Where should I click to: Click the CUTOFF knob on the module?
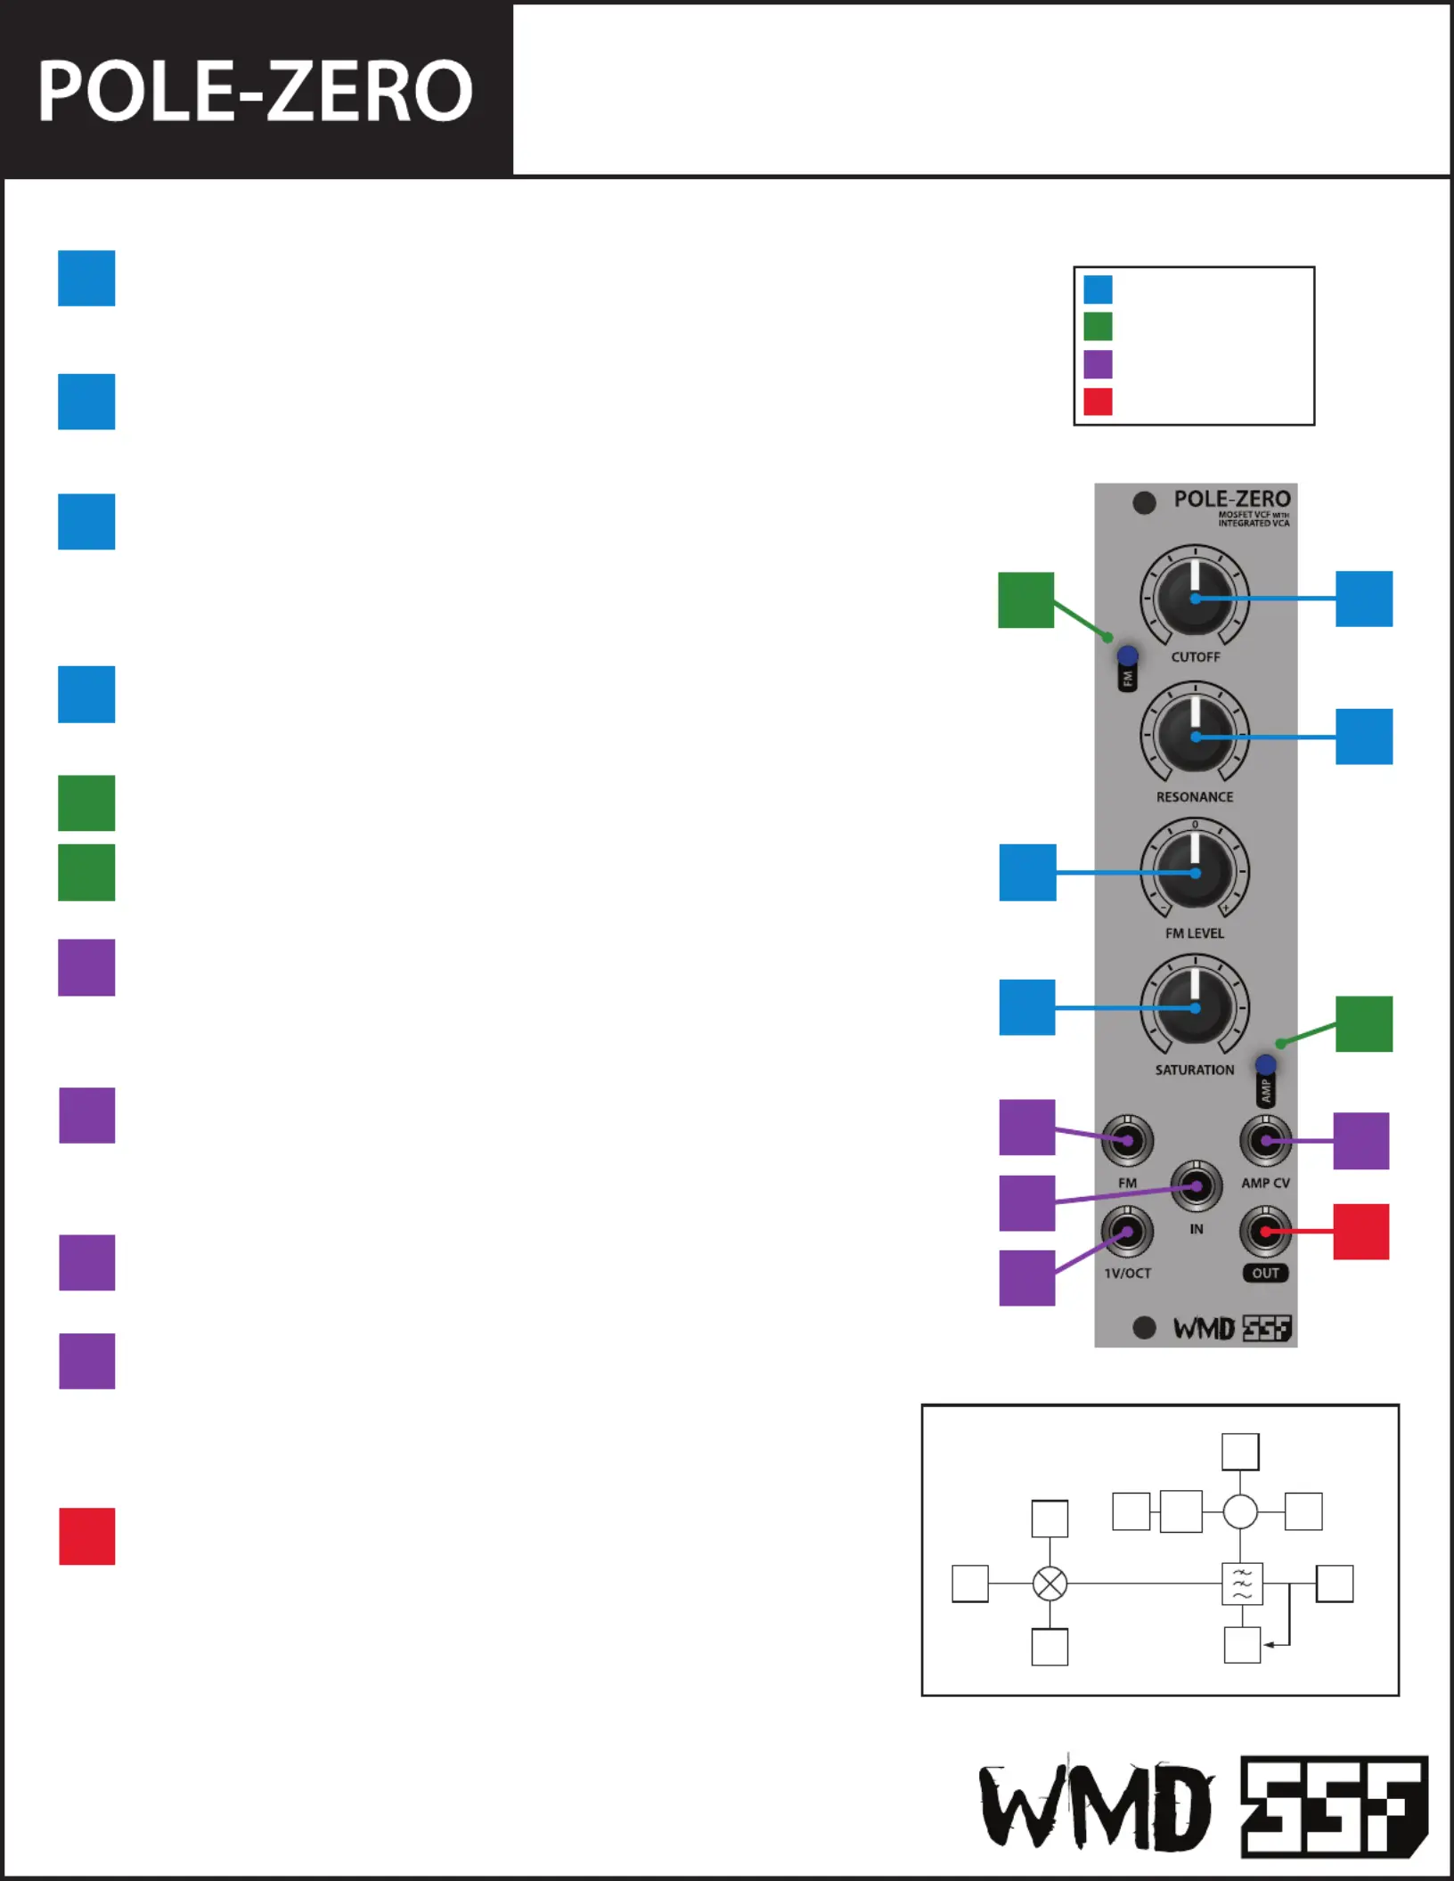pos(1195,598)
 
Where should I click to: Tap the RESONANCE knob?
pos(1195,736)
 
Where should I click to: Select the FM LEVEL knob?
pos(1195,873)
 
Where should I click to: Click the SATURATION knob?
pos(1195,1007)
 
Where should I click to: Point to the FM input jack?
pos(1127,1140)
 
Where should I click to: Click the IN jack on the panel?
pos(1196,1186)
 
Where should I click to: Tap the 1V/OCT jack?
pos(1127,1232)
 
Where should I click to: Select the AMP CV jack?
pos(1265,1140)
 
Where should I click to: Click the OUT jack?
pos(1265,1232)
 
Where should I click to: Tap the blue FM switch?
pos(1127,656)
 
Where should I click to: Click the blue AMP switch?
pos(1265,1065)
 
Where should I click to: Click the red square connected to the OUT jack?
pos(1360,1232)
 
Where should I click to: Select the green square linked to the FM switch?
pos(1025,600)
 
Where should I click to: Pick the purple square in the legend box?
pos(1098,364)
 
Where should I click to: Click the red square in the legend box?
pos(1098,402)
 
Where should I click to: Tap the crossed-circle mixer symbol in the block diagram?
pos(1050,1584)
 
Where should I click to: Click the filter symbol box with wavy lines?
pos(1242,1584)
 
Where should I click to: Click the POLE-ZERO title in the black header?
pos(255,91)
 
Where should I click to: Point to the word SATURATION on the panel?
pos(1194,1070)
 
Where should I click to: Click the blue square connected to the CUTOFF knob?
pos(1363,598)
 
